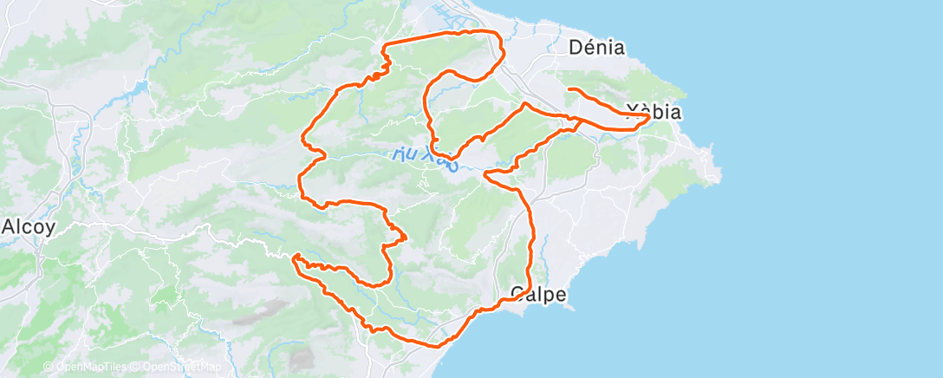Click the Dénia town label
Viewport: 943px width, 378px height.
point(597,48)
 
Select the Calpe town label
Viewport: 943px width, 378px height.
point(538,295)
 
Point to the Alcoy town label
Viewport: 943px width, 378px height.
point(29,227)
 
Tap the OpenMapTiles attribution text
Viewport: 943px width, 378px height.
point(83,367)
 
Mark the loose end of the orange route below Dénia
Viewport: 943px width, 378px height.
point(569,89)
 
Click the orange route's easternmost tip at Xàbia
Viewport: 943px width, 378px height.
point(648,115)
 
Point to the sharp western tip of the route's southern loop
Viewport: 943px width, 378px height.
point(295,257)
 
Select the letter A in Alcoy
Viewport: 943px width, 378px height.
point(8,227)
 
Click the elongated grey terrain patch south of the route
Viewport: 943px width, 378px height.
point(269,309)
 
